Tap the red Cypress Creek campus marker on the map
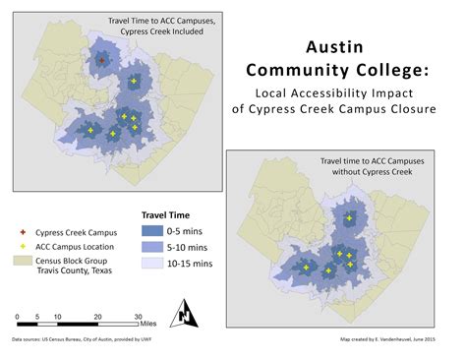101,60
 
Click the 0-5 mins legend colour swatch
150,231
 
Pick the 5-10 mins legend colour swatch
150,247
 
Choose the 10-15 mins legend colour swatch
150,263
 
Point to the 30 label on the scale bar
138,316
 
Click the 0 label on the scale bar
18,316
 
